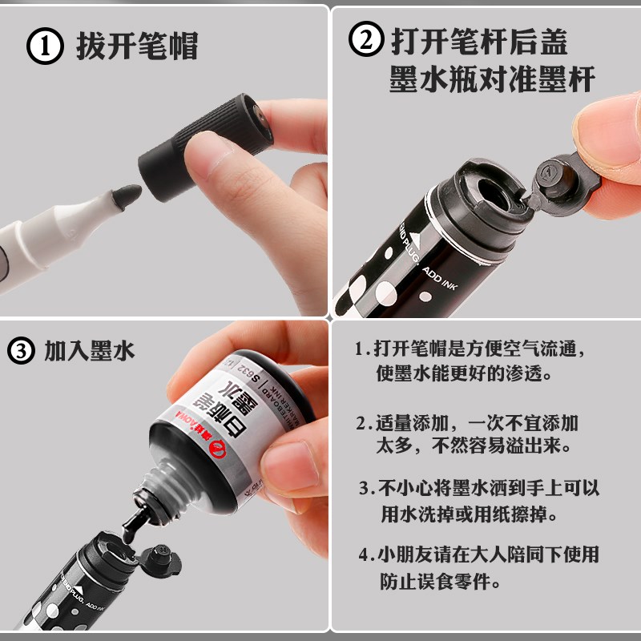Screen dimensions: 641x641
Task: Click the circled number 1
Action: tap(46, 46)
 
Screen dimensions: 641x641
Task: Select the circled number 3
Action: tap(22, 351)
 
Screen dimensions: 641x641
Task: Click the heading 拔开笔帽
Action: tap(136, 46)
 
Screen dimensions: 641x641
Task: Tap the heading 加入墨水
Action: tap(90, 351)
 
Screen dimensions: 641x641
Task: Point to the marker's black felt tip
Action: tap(126, 196)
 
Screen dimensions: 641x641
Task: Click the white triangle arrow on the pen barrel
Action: tap(422, 234)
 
